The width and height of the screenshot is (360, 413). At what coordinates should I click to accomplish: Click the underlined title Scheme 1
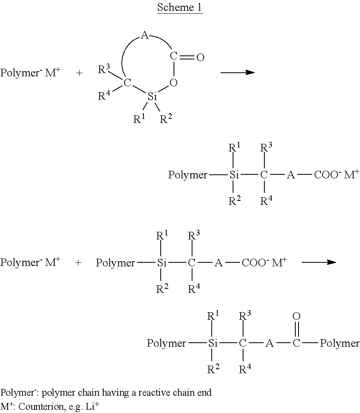(x=180, y=7)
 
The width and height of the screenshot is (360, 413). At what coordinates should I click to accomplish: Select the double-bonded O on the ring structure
(x=200, y=58)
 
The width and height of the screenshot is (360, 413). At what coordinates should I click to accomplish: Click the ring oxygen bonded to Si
(x=174, y=83)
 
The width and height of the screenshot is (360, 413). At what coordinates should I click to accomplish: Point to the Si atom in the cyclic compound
(x=152, y=97)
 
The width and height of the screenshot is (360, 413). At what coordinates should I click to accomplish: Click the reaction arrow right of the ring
(x=237, y=72)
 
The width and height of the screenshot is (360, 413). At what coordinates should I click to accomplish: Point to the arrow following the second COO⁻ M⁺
(x=319, y=262)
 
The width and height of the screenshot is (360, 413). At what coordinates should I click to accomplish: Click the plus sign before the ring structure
(x=79, y=74)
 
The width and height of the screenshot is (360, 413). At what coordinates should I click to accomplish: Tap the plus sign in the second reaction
(x=78, y=263)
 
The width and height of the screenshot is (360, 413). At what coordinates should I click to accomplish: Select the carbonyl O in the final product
(x=297, y=317)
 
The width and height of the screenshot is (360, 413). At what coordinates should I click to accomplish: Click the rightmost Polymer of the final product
(x=340, y=343)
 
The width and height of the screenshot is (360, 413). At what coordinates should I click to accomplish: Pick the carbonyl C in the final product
(x=297, y=343)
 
